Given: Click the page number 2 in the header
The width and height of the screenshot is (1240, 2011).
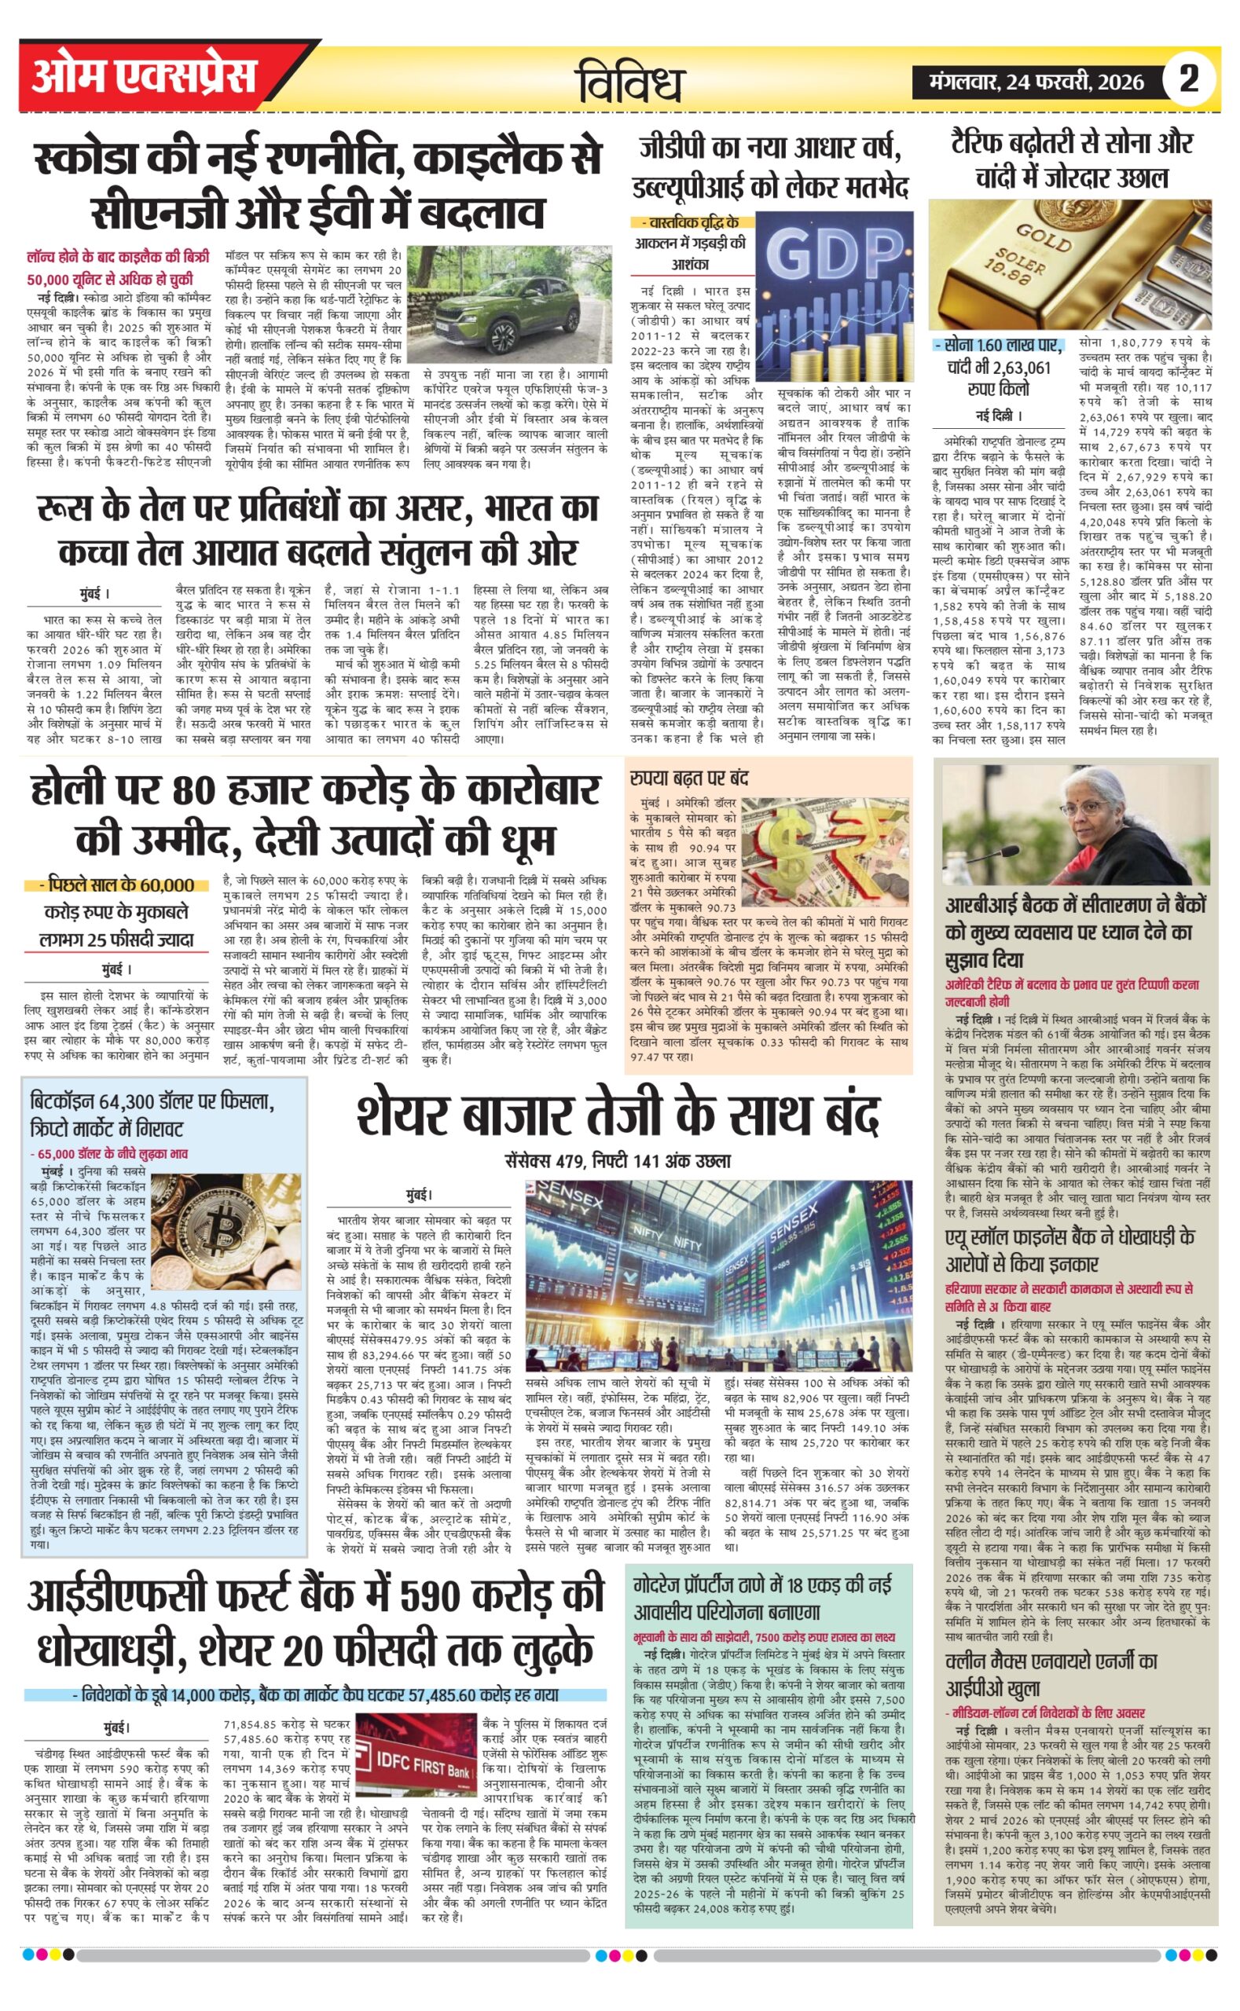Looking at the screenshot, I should click(1188, 79).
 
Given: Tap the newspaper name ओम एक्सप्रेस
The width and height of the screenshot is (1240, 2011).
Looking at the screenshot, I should click(145, 77).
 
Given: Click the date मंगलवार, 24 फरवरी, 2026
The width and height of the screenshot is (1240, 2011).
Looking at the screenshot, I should click(1036, 81).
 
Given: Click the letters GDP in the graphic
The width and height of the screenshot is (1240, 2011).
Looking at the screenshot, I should click(833, 255).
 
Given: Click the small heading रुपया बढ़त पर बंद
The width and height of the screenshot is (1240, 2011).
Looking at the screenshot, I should click(689, 777).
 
